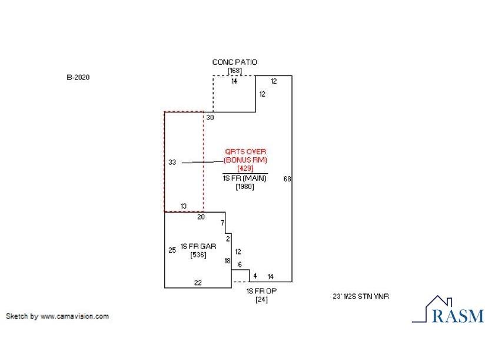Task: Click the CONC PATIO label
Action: (234, 62)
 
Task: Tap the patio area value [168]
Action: (234, 71)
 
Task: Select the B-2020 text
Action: (78, 77)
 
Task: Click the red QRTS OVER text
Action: (245, 152)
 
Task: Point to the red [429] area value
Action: (245, 168)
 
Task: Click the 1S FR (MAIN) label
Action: (245, 178)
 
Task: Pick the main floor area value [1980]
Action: (245, 187)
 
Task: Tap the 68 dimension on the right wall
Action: (287, 179)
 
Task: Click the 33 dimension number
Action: (172, 162)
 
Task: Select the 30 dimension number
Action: (210, 118)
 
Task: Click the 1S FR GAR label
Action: (198, 246)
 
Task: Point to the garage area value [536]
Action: (198, 254)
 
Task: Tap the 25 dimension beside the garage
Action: (172, 250)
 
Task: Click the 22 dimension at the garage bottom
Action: (198, 283)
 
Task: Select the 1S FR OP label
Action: (261, 292)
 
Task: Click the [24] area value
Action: (261, 300)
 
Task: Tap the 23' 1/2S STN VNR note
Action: (361, 296)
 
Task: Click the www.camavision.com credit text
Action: (75, 316)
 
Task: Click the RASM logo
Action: (448, 310)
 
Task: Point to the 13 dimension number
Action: (184, 206)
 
